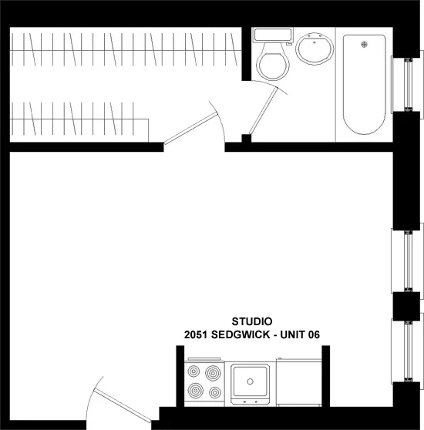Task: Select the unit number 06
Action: coord(311,335)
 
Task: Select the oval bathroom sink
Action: coord(314,52)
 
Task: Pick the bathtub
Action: coord(363,85)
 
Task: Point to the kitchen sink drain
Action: coord(250,379)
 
